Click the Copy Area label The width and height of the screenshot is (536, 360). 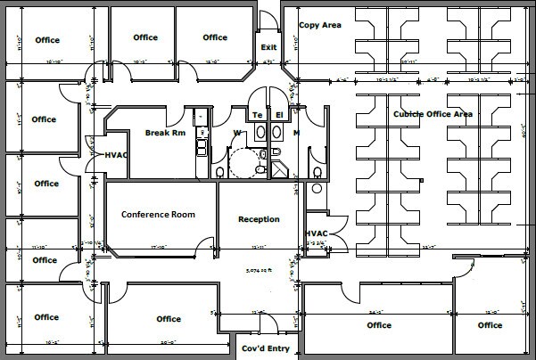pyautogui.click(x=319, y=26)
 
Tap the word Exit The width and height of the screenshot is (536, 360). pyautogui.click(x=268, y=46)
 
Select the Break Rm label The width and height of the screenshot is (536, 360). pyautogui.click(x=165, y=134)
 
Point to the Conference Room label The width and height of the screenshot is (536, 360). pyautogui.click(x=158, y=215)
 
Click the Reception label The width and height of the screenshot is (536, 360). pyautogui.click(x=260, y=219)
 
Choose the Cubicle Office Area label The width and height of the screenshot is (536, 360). pyautogui.click(x=433, y=114)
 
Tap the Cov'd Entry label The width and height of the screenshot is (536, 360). pyautogui.click(x=266, y=348)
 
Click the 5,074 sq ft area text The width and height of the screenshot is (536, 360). pyautogui.click(x=260, y=268)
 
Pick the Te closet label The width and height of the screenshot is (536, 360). pyautogui.click(x=258, y=115)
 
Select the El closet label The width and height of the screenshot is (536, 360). pyautogui.click(x=279, y=115)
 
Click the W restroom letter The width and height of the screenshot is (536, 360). pyautogui.click(x=236, y=134)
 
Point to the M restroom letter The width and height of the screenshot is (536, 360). pyautogui.click(x=297, y=134)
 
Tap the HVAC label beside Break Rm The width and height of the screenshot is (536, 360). pyautogui.click(x=117, y=155)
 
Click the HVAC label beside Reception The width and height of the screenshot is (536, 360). pyautogui.click(x=317, y=233)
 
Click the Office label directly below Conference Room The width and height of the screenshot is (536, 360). pyautogui.click(x=169, y=319)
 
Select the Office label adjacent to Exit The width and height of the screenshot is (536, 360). pyautogui.click(x=215, y=37)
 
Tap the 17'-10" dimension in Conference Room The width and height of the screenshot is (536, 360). pyautogui.click(x=161, y=246)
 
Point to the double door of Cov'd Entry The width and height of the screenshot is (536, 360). pyautogui.click(x=260, y=320)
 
